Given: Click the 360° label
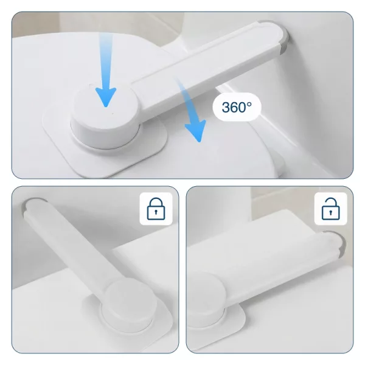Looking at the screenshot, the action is click(x=237, y=107).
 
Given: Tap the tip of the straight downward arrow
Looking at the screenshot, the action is click(x=106, y=107).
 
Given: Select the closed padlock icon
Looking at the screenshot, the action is click(x=156, y=209).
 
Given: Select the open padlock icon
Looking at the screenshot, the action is click(x=330, y=209).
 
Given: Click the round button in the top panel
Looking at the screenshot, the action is click(x=105, y=109).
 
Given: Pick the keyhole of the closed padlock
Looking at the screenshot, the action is click(x=156, y=212).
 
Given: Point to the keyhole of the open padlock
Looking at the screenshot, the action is click(x=330, y=212).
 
